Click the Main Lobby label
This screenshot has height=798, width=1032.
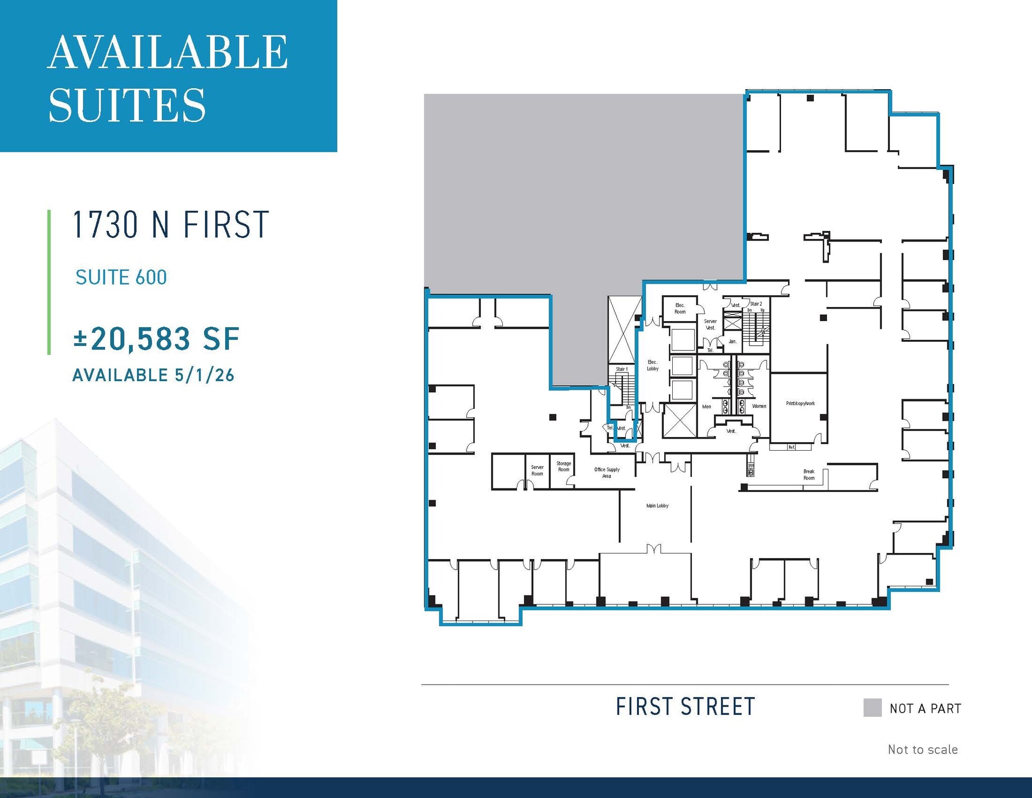point(657,506)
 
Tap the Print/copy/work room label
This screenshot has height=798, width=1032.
point(800,403)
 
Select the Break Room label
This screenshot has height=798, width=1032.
point(809,475)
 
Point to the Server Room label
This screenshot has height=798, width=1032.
point(537,470)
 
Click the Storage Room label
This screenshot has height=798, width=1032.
point(563,466)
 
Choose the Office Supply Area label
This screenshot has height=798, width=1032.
point(607,472)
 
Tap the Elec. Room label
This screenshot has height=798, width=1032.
point(680,309)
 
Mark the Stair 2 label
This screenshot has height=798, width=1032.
point(756,304)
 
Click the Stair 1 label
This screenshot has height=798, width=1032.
point(621,369)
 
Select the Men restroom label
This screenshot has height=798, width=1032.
point(706,406)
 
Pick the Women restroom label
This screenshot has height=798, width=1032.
point(759,406)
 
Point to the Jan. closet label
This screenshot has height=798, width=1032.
point(732,341)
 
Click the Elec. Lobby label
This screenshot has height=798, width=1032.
point(653,365)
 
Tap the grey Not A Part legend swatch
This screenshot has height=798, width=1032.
point(872,707)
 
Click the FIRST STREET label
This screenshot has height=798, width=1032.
point(685,707)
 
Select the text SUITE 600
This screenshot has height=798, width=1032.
point(121,277)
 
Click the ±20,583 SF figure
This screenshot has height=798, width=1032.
point(156,339)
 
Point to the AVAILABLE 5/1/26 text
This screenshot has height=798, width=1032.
point(153,375)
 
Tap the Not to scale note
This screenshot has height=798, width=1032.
point(922,750)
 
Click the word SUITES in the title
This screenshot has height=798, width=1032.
point(127,105)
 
